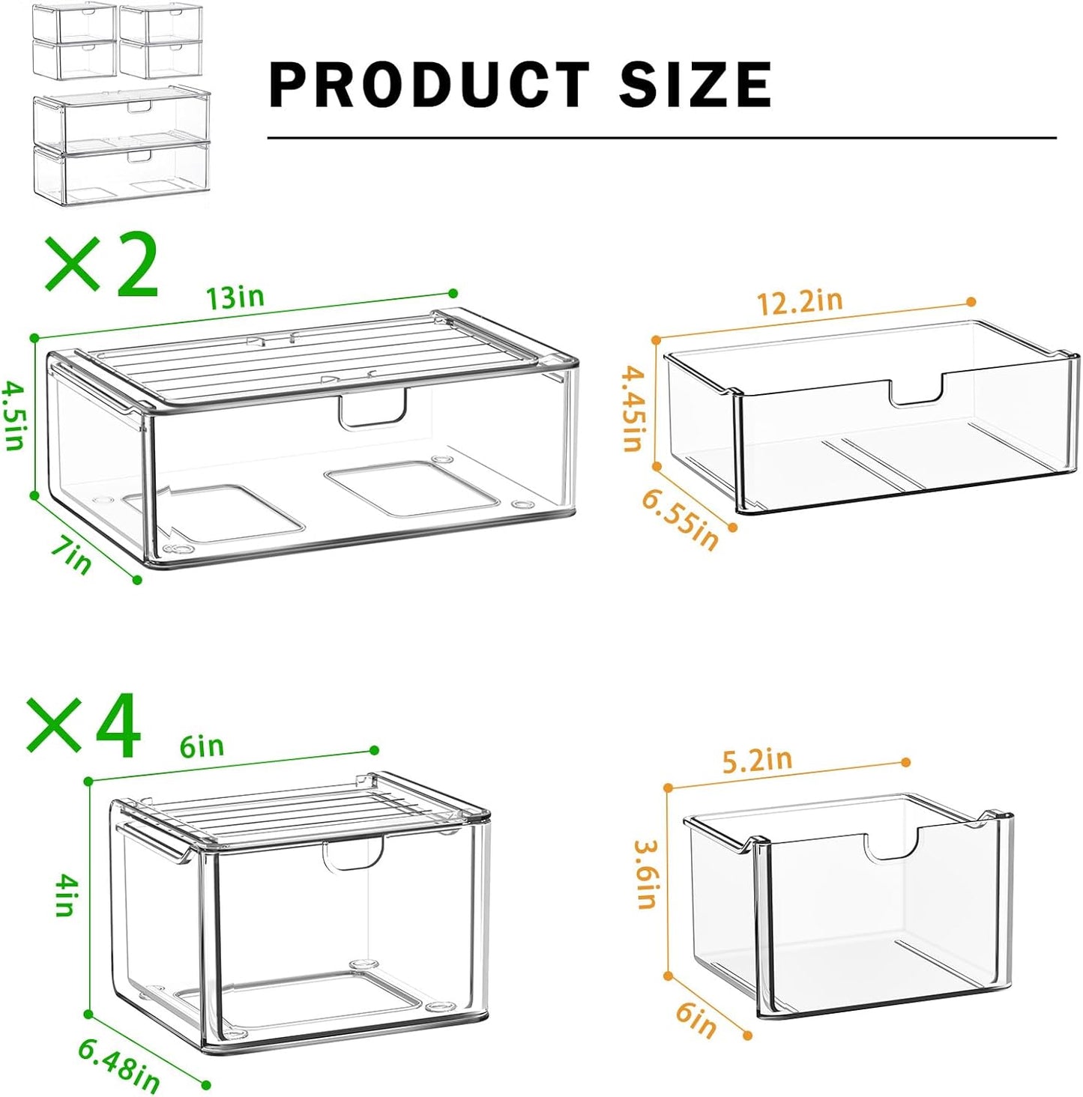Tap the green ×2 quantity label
point(102,265)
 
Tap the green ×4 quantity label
point(84,726)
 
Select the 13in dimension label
point(236,297)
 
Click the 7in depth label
point(71,556)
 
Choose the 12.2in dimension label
point(800,302)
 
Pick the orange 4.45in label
point(634,408)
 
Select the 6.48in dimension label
point(119,1066)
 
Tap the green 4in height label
point(66,897)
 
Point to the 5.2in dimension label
point(757,761)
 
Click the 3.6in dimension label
point(647,874)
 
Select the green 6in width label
point(202,746)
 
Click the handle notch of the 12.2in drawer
point(916,393)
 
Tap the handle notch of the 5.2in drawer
point(892,846)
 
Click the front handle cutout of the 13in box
point(372,410)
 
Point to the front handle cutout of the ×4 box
point(353,855)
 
